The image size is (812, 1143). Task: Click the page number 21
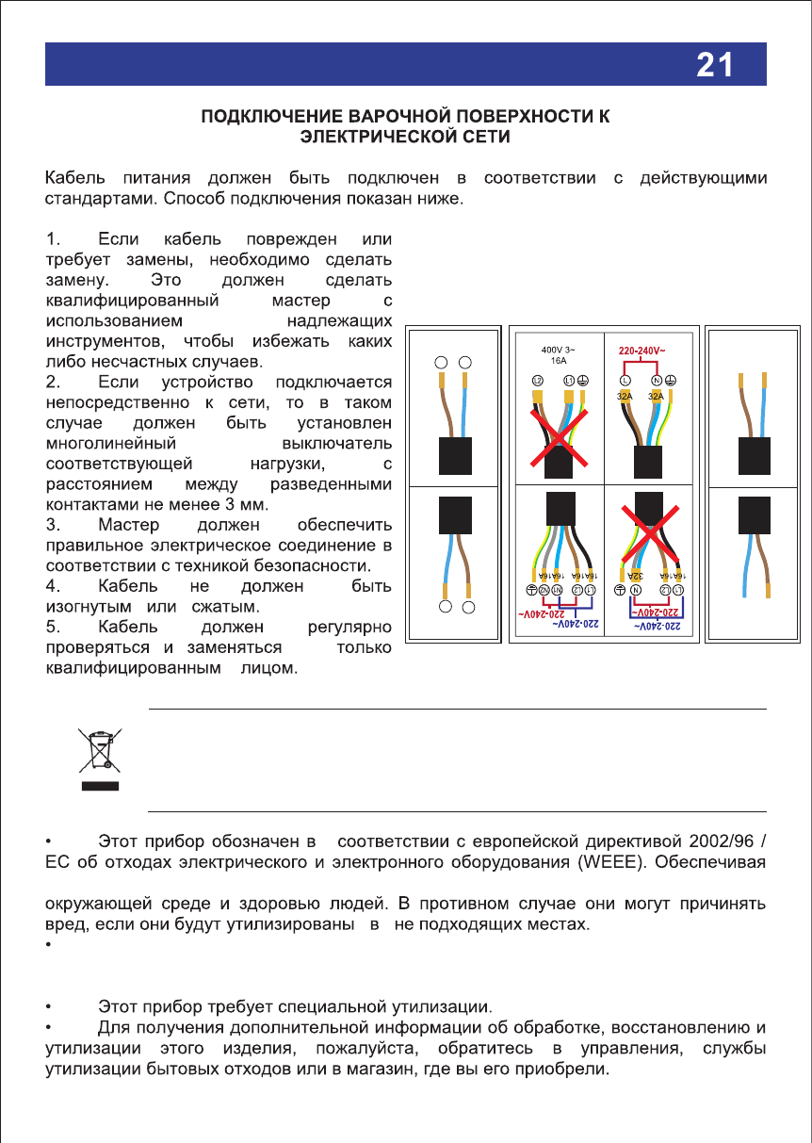tap(715, 64)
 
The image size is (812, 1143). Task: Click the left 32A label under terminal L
tap(625, 397)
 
